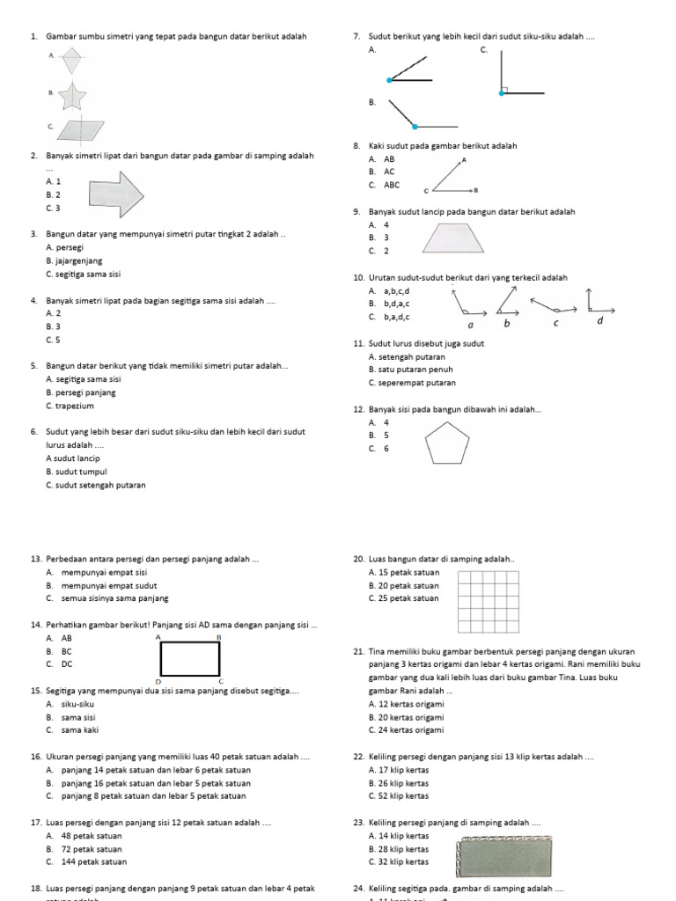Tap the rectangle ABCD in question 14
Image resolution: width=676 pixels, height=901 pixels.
pos(190,659)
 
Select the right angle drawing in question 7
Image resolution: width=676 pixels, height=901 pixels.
pos(519,74)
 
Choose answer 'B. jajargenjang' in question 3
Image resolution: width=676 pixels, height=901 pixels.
pos(74,261)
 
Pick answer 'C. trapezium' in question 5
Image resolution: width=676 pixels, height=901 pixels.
pos(70,406)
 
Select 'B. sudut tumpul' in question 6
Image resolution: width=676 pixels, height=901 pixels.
pos(77,472)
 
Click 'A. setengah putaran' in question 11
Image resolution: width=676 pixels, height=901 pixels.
pos(407,356)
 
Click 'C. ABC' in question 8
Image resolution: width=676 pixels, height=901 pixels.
pos(385,185)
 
